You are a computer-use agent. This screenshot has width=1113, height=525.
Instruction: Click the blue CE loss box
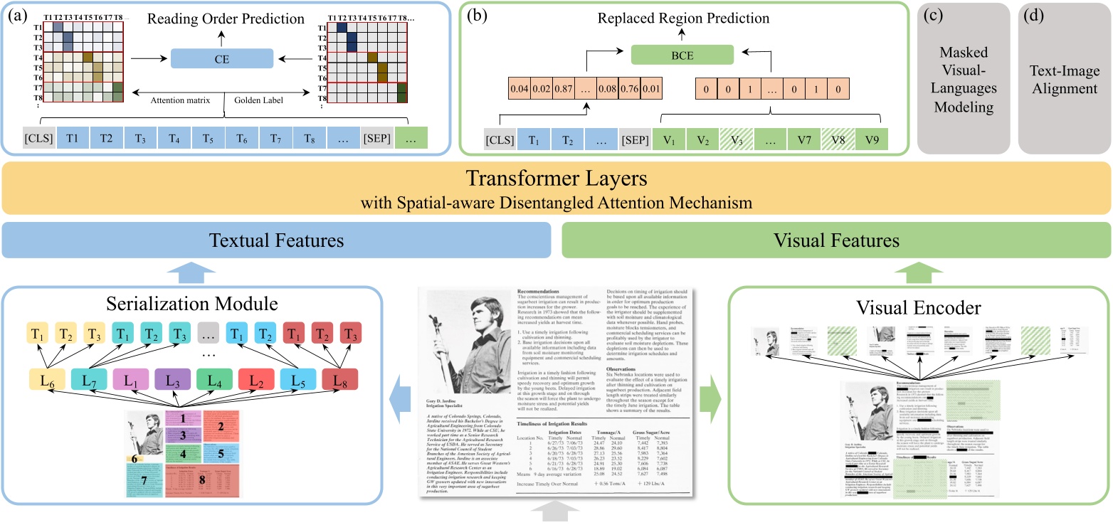tap(222, 58)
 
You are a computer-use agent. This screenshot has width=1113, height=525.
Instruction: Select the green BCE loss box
tap(682, 54)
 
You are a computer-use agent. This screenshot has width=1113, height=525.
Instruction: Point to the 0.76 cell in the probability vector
tap(629, 90)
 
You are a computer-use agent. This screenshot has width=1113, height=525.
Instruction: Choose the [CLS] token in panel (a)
tap(37, 139)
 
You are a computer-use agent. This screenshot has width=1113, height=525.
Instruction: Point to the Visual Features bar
tap(835, 240)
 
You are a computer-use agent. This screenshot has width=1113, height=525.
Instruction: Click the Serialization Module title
tap(191, 305)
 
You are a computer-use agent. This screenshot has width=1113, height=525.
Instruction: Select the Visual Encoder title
tap(918, 308)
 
